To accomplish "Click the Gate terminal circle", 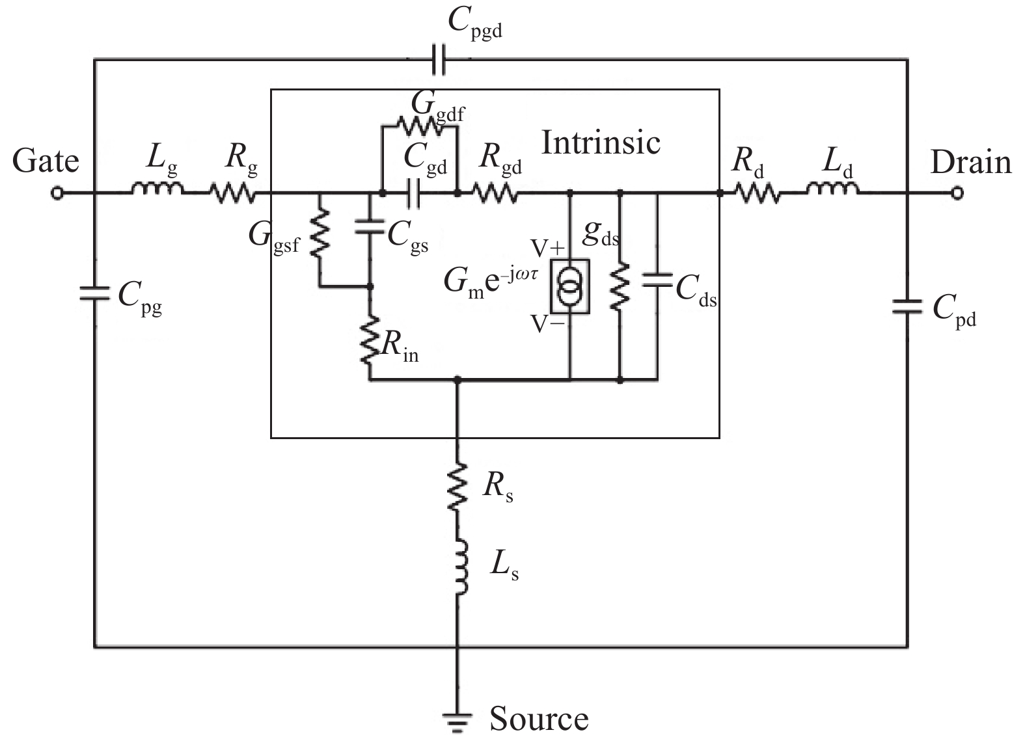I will pyautogui.click(x=58, y=193).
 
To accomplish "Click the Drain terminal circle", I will pyautogui.click(x=956, y=193).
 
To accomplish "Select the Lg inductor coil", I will pyautogui.click(x=157, y=189).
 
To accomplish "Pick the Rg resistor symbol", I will pyautogui.click(x=232, y=193).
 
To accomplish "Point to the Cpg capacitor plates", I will pyautogui.click(x=95, y=294).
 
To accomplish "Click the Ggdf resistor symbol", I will pyautogui.click(x=420, y=124).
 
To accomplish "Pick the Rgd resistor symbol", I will pyautogui.click(x=495, y=193).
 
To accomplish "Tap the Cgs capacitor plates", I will pyautogui.click(x=370, y=228).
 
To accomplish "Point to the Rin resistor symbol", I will pyautogui.click(x=370, y=340).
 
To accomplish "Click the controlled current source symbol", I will pyautogui.click(x=571, y=286).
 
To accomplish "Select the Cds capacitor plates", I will pyautogui.click(x=657, y=280).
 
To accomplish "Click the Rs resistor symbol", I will pyautogui.click(x=458, y=486).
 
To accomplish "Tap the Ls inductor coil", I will pyautogui.click(x=460, y=566).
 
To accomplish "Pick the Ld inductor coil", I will pyautogui.click(x=832, y=189).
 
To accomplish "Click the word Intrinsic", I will pyautogui.click(x=601, y=142).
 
